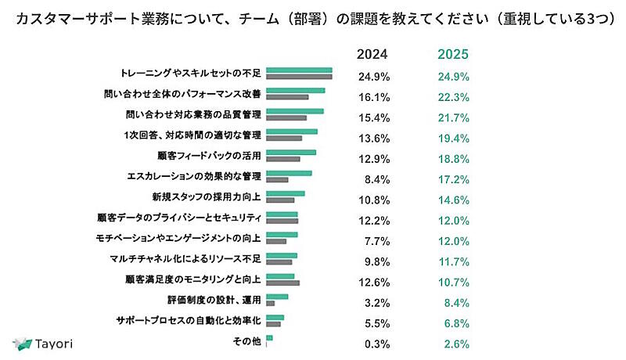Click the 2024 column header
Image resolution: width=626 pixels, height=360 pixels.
372,55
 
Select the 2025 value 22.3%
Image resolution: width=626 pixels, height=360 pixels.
454,97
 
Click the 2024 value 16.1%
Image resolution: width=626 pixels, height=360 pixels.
374,97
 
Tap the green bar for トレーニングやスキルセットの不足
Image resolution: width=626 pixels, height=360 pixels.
299,70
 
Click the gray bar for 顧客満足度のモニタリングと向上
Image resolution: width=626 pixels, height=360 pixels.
282,282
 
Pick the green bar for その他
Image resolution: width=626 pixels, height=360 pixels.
269,338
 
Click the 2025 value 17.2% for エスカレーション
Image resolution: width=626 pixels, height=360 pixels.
454,179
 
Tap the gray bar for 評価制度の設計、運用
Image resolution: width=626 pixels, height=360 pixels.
270,303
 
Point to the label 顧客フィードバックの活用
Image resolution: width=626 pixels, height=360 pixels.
208,155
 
